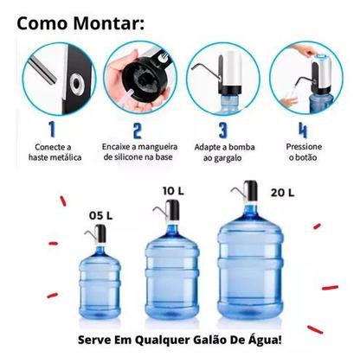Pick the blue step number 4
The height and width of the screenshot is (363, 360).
click(302, 131)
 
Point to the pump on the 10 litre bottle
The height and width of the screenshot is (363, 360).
click(172, 213)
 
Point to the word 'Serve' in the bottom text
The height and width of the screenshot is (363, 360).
click(95, 339)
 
